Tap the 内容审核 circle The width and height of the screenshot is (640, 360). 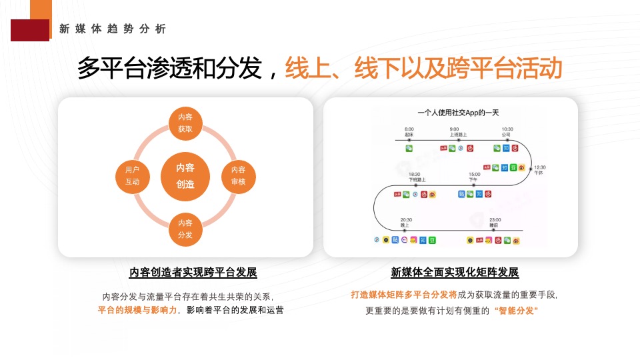coord(238,176)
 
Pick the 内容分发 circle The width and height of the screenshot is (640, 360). coord(185,229)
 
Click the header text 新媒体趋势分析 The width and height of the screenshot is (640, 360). coord(113,29)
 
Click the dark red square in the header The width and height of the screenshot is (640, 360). coord(29,30)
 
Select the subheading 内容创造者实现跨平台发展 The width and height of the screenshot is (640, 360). coord(193,273)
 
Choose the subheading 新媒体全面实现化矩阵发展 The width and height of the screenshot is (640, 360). coord(455,273)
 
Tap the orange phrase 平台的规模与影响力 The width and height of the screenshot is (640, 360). coord(137,310)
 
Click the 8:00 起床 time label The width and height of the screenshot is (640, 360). coord(409,131)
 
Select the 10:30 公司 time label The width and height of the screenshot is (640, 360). coord(507,131)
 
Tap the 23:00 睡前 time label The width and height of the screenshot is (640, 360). coord(495,223)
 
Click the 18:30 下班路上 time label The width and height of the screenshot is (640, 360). coord(417,177)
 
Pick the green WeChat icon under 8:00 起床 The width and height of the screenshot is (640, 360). coord(409,148)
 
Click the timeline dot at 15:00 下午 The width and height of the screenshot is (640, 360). coord(474,185)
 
